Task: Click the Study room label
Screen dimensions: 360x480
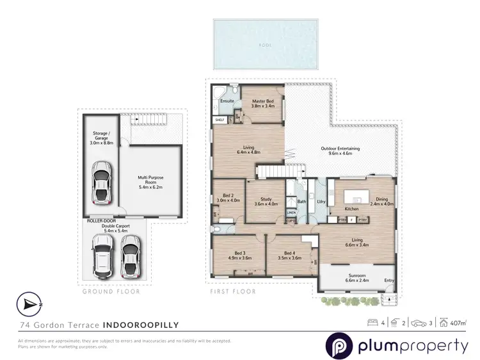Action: pyautogui.click(x=266, y=200)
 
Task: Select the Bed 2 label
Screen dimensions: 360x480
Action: pyautogui.click(x=227, y=196)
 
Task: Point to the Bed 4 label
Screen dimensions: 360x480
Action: pyautogui.click(x=290, y=252)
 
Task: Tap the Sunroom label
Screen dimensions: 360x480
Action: pyautogui.click(x=357, y=275)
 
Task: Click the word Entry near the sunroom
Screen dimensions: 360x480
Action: pyautogui.click(x=389, y=280)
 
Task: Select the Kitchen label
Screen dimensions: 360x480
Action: pyautogui.click(x=351, y=209)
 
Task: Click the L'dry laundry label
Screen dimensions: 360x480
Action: pyautogui.click(x=321, y=202)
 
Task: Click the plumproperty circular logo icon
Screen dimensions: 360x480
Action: pyautogui.click(x=339, y=347)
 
